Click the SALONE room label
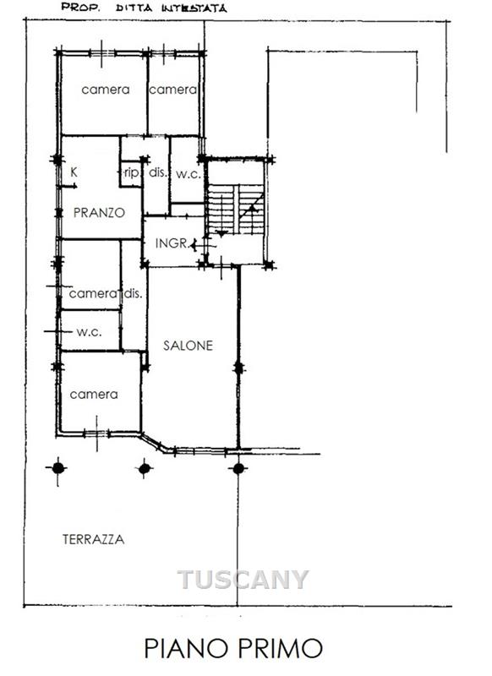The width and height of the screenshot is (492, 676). point(188,346)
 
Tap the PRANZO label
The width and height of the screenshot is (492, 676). point(99,213)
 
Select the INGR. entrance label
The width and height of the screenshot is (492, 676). point(172,243)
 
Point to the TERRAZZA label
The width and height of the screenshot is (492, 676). point(94,539)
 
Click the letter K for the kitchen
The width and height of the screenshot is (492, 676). point(74,172)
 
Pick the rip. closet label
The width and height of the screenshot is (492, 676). point(132,173)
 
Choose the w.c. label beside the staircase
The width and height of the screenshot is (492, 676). point(189,174)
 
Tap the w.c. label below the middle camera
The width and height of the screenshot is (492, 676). point(90,332)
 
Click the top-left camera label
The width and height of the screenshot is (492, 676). point(106,90)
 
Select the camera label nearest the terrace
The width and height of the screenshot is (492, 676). point(94,395)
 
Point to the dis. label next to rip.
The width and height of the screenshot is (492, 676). point(158,172)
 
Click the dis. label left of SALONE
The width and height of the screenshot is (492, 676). point(133,293)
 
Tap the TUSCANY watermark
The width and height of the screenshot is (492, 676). point(243,579)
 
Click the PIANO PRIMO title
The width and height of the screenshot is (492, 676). point(233,648)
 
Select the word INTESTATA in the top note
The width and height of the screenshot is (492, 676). point(194,8)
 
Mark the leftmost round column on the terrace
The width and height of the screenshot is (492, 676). point(58,468)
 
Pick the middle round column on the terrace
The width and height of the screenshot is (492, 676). point(145,468)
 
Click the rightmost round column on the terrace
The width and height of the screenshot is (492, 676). point(238,468)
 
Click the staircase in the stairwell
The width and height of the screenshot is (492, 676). point(236,210)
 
